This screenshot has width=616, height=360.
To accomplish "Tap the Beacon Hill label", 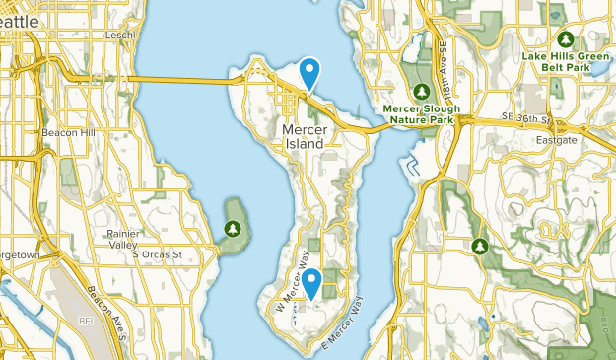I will point(66,131).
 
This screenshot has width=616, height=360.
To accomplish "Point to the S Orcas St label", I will point(159,254).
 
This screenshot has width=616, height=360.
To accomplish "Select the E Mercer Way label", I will point(344,327).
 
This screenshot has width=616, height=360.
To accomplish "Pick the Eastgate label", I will point(557,140).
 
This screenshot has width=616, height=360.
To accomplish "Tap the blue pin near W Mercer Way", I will point(311,284).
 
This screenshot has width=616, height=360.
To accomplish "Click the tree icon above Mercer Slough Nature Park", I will point(421,92).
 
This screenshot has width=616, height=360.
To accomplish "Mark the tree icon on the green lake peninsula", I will point(233,228).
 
